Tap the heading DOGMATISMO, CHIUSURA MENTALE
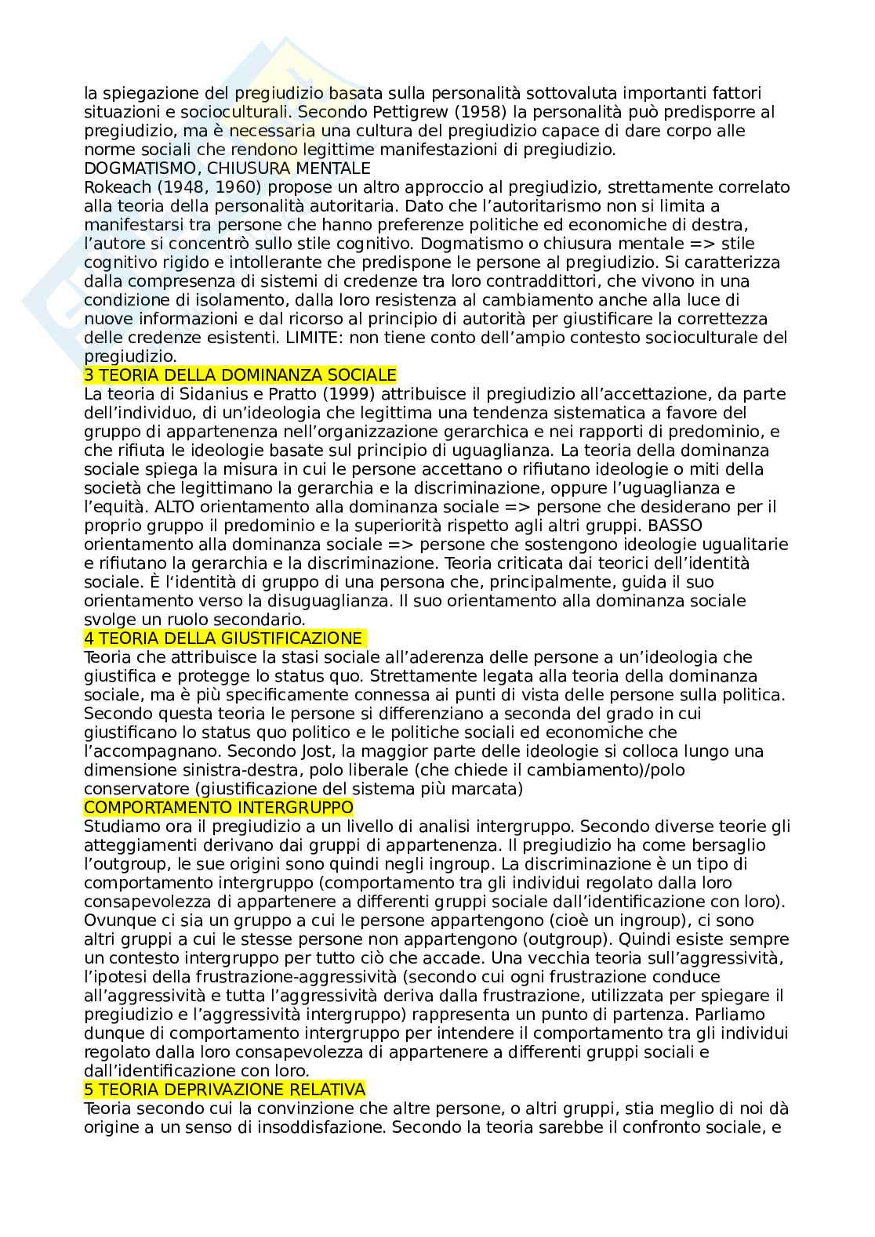click(227, 168)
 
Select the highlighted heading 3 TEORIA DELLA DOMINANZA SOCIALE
click(240, 375)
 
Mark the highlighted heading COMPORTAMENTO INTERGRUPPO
click(219, 808)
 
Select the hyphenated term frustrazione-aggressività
click(300, 977)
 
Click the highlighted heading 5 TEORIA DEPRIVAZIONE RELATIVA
click(224, 1090)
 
